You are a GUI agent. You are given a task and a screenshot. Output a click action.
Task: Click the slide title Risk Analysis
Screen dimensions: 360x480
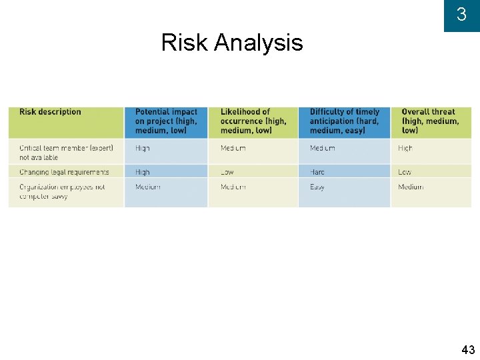click(232, 43)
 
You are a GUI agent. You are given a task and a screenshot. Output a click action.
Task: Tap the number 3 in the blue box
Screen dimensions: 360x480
click(461, 15)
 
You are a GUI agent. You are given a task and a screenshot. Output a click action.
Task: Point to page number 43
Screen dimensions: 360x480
click(467, 349)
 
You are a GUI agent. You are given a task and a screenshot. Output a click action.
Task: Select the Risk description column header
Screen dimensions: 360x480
click(51, 112)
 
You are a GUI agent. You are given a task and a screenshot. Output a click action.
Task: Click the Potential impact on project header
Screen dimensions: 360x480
click(166, 121)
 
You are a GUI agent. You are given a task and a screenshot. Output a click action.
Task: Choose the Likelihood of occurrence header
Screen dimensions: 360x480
click(253, 121)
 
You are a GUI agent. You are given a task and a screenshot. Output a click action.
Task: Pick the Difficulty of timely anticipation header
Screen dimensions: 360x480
click(344, 121)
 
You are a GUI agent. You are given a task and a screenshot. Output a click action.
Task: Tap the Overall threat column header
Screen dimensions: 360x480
click(430, 121)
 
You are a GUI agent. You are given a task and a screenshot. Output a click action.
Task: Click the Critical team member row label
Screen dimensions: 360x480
click(66, 152)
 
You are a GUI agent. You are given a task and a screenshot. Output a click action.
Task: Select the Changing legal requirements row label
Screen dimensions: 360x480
click(64, 172)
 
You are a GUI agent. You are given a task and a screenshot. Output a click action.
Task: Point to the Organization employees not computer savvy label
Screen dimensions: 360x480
click(62, 191)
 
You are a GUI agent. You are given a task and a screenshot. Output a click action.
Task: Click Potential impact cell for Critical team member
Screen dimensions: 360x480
click(143, 148)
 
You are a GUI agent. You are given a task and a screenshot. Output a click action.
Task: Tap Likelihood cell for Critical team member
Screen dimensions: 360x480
click(233, 148)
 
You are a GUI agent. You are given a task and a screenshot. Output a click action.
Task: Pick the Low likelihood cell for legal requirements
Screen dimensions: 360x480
click(227, 172)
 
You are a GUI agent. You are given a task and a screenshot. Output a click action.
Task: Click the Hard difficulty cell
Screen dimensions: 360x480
click(317, 172)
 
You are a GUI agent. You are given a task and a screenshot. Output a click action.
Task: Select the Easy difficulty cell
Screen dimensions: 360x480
click(317, 187)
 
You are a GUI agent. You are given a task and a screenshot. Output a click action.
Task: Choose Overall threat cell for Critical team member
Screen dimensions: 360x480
click(405, 148)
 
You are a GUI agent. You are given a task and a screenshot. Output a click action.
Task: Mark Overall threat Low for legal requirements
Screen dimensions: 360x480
click(405, 172)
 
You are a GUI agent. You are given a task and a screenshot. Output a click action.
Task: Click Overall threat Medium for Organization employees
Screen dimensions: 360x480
click(411, 187)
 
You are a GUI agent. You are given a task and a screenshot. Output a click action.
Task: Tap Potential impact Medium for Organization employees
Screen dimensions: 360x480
click(148, 187)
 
